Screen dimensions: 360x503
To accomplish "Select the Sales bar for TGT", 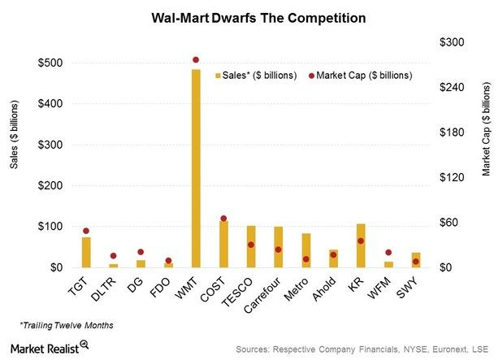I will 86,253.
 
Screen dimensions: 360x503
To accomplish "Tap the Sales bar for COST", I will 223,244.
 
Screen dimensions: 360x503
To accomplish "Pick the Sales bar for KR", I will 361,245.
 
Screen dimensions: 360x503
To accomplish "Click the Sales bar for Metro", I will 306,250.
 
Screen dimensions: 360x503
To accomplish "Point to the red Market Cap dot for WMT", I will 196,60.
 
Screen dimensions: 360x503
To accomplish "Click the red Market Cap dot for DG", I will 141,252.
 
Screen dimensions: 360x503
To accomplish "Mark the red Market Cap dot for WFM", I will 388,253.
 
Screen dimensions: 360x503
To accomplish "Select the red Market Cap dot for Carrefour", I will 278,249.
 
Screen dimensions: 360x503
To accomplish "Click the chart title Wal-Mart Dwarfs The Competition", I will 251,16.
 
